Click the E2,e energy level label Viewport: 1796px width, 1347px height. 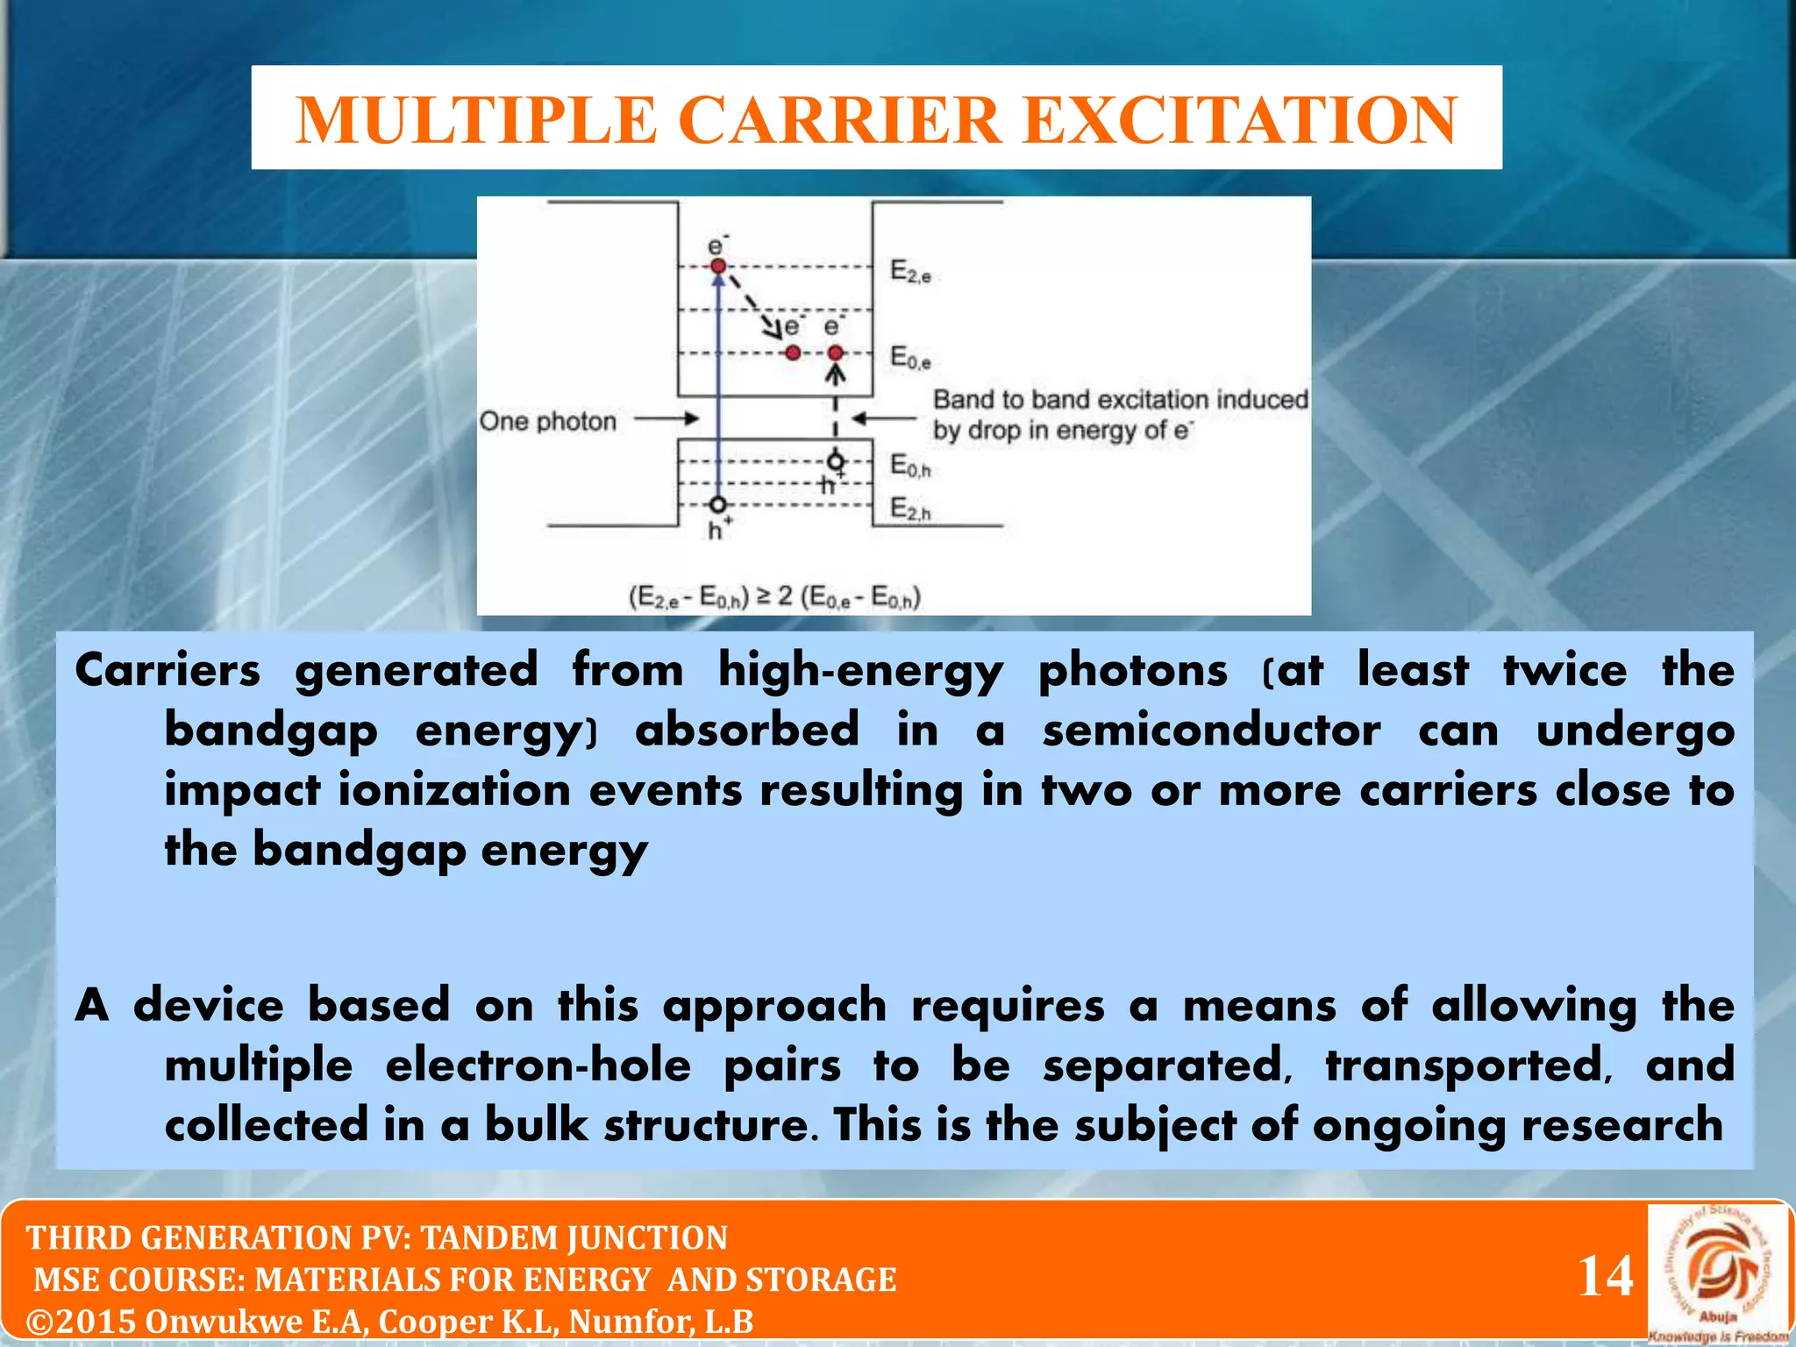point(910,271)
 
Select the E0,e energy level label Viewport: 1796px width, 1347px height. point(910,358)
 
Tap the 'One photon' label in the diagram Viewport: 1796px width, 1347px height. point(548,422)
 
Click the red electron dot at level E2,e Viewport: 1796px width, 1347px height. point(718,266)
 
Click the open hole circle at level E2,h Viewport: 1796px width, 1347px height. point(718,505)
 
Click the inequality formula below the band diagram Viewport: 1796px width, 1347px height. point(774,598)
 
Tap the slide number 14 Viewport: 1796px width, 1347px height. point(1605,1276)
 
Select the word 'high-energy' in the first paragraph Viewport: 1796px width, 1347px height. point(860,672)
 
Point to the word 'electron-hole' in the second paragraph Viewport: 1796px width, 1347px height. point(538,1066)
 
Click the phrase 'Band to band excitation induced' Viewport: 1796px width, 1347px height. point(1120,400)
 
